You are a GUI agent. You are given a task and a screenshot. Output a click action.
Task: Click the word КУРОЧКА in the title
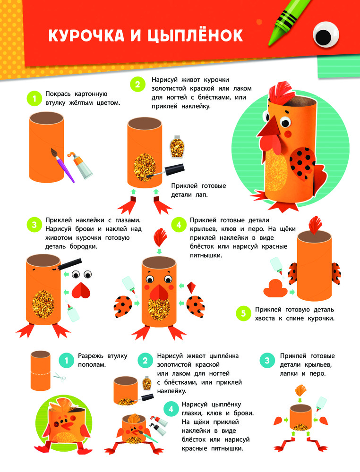click(86, 35)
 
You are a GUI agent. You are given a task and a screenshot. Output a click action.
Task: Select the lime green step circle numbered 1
click(34, 99)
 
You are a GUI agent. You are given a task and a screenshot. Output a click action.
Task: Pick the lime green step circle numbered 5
click(243, 313)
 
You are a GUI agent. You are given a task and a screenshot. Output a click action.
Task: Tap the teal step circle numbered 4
click(171, 409)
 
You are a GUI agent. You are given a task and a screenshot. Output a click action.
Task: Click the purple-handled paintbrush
click(63, 165)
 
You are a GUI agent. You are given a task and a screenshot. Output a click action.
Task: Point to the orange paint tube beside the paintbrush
click(80, 165)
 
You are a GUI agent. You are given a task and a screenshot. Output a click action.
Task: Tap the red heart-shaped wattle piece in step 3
click(81, 290)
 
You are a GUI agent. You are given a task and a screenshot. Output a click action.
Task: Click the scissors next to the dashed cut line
click(60, 377)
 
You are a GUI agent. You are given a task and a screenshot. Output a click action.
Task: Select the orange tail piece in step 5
click(275, 288)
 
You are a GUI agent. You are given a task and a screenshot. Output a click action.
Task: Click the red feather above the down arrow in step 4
click(160, 237)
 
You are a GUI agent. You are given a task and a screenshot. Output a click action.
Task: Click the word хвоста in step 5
click(265, 319)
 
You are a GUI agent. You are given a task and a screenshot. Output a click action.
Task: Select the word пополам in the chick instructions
click(92, 365)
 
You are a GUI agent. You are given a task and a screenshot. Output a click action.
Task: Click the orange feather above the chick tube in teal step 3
click(300, 390)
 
